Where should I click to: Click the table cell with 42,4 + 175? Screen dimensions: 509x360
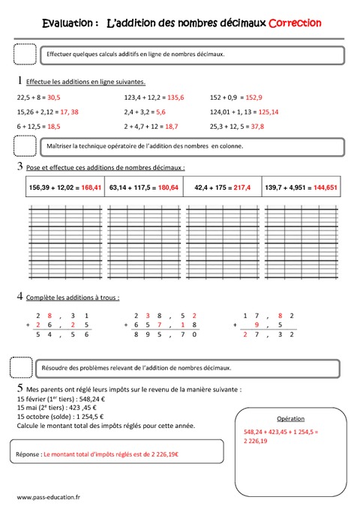point(222,187)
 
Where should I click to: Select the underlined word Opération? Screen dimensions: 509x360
point(289,418)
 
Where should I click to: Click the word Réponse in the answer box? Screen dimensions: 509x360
point(28,454)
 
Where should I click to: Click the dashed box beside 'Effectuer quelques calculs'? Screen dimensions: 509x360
point(25,55)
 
